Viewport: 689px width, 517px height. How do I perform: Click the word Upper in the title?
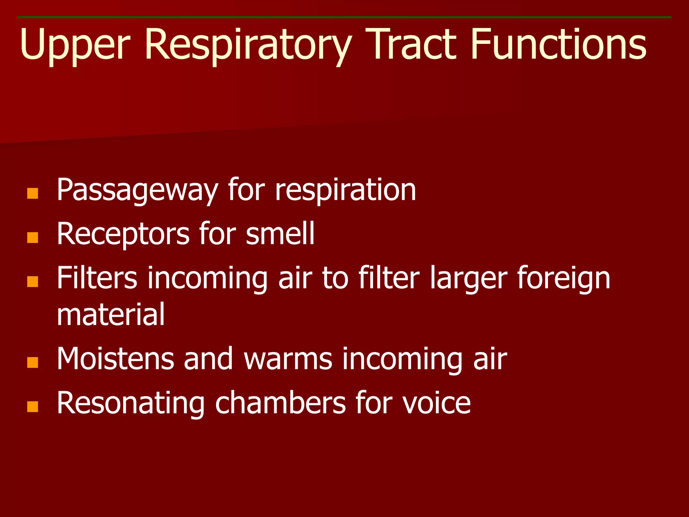[75, 45]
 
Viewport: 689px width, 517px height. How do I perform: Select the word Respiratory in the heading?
[248, 45]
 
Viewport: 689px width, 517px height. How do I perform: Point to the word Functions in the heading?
[558, 45]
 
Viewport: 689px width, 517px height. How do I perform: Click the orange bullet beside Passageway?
[33, 194]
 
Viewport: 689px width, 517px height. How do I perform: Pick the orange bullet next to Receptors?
[33, 238]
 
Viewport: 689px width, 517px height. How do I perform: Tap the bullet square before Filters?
[33, 282]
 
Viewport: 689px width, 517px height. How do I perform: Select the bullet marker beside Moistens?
[33, 363]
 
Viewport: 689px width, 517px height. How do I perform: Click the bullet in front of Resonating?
[33, 407]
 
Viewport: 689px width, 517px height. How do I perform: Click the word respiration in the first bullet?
[346, 191]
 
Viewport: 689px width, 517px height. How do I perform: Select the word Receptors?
[123, 235]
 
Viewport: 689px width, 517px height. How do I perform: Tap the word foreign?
[564, 279]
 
